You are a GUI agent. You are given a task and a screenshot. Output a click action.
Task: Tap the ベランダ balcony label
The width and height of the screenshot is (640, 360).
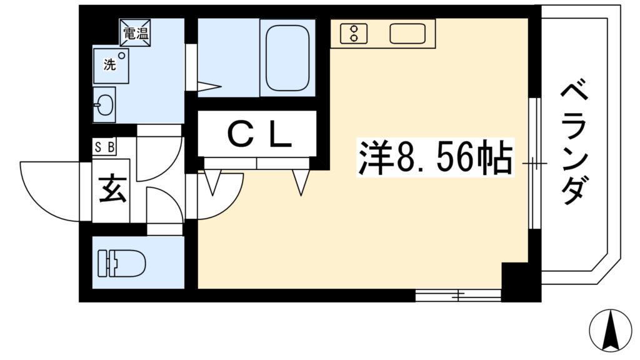[575, 143]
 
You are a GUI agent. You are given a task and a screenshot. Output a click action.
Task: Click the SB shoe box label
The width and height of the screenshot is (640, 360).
[104, 147]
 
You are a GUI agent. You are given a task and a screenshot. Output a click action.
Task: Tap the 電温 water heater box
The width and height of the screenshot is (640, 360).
[135, 33]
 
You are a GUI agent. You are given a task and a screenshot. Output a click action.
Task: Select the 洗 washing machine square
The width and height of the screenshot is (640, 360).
[111, 66]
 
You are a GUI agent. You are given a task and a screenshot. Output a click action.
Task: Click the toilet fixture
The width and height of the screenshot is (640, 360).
[121, 263]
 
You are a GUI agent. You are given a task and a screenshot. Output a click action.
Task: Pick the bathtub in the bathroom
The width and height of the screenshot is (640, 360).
[287, 57]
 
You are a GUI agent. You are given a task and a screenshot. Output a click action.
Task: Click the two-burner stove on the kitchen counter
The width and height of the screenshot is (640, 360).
[354, 34]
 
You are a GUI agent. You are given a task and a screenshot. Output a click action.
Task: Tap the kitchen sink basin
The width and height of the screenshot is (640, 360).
[407, 34]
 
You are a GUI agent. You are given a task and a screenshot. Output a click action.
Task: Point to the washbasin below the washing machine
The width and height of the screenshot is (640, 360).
[104, 104]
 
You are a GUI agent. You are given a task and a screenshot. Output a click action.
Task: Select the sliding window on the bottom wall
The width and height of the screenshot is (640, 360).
[458, 295]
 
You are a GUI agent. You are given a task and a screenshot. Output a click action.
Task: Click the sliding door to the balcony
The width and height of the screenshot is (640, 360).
[534, 163]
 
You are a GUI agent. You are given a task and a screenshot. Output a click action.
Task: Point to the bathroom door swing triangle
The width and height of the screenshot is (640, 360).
[209, 86]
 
